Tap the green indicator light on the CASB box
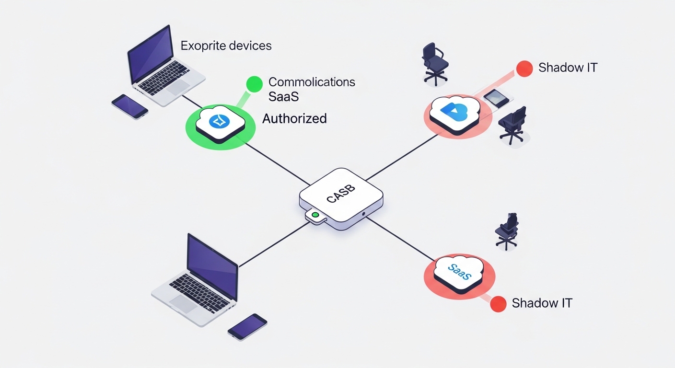click(x=315, y=215)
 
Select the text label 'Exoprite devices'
click(x=226, y=46)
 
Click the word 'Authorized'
click(x=294, y=118)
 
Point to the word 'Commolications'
click(x=312, y=82)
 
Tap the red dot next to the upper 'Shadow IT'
click(x=524, y=68)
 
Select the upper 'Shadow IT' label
click(x=568, y=68)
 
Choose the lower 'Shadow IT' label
click(x=542, y=303)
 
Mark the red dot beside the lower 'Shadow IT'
click(x=498, y=304)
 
